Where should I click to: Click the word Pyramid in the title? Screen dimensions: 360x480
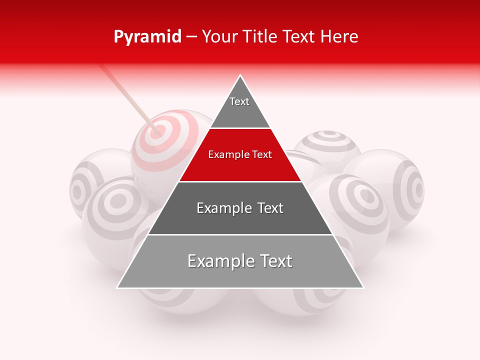[x=147, y=37]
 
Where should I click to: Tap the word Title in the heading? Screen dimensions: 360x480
[x=260, y=37]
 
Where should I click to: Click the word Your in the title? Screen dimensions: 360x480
[x=219, y=37]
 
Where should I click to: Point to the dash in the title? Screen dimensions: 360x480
[x=191, y=37]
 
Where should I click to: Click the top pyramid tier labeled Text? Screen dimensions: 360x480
[x=240, y=107]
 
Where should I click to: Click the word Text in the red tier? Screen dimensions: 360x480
[x=262, y=155]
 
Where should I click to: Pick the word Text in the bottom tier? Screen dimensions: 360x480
[x=275, y=261]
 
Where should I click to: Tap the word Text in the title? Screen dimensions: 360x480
[x=300, y=37]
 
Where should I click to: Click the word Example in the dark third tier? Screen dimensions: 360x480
[x=223, y=208]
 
